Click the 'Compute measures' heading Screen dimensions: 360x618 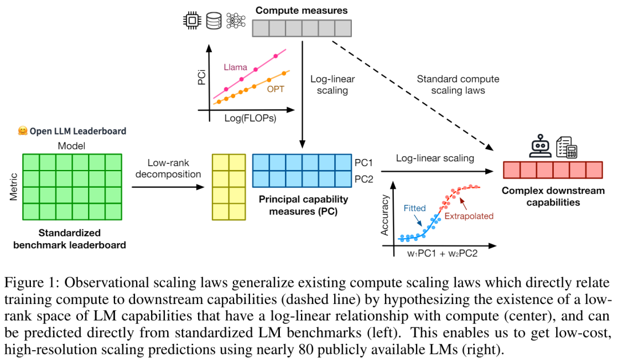click(301, 10)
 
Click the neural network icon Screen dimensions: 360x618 click(235, 21)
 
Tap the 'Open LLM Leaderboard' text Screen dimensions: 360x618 click(72, 131)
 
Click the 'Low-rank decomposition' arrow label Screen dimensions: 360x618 click(166, 168)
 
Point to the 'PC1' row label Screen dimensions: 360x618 click(364, 162)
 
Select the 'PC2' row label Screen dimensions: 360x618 click(364, 179)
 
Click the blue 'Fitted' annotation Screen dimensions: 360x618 click(415, 208)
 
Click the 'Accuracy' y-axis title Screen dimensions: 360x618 click(385, 216)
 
